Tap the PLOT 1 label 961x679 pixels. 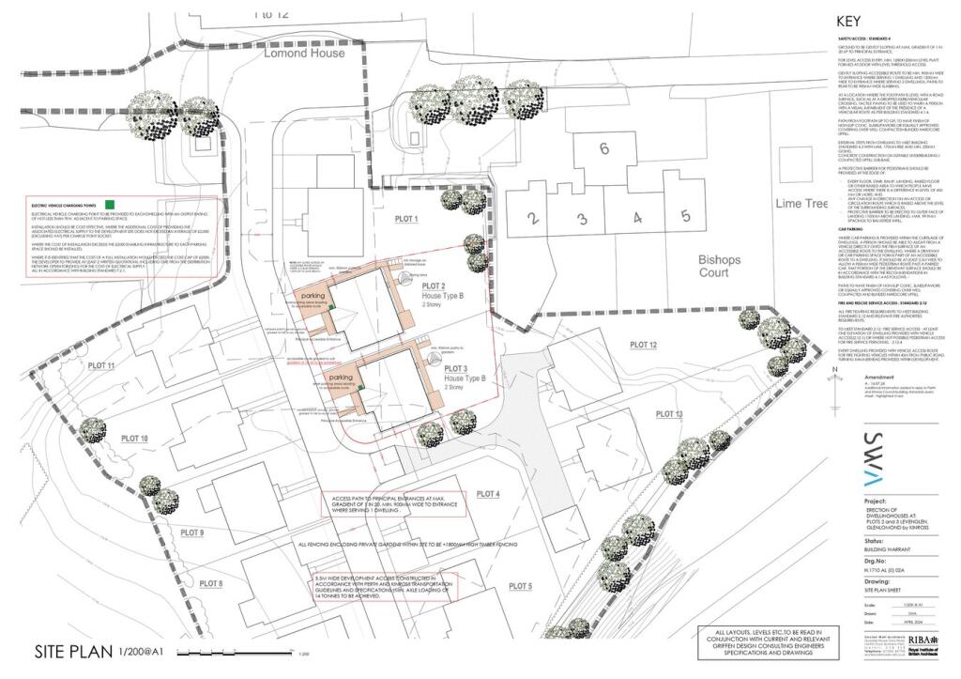[x=404, y=219]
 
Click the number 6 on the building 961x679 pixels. [x=604, y=147]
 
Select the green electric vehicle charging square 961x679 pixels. [x=110, y=204]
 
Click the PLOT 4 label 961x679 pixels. [x=488, y=494]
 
